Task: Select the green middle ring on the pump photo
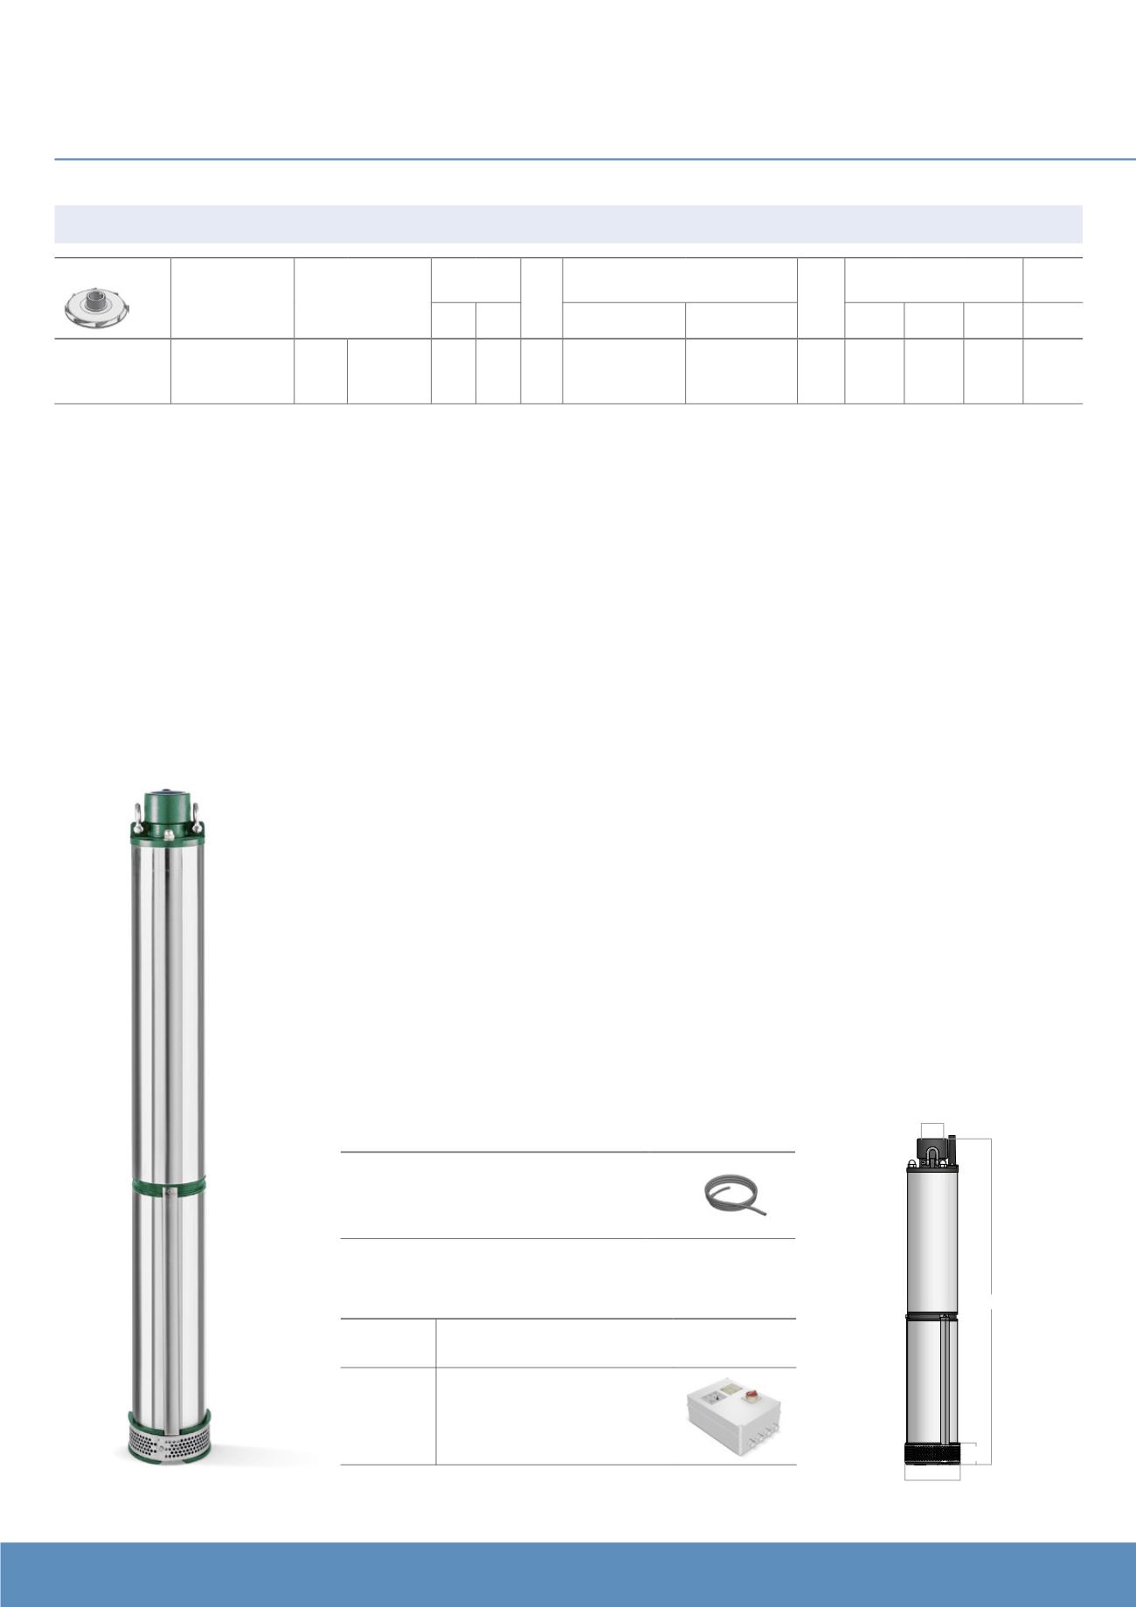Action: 169,1187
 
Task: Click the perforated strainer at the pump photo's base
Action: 169,1444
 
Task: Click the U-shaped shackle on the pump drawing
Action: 932,1154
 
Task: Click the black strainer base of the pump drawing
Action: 932,1454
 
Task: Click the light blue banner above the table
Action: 568,224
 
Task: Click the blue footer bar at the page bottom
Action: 568,1574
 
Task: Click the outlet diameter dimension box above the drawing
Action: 932,1130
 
